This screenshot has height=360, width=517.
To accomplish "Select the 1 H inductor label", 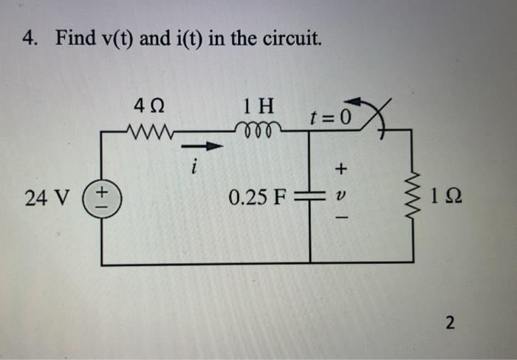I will (x=258, y=108).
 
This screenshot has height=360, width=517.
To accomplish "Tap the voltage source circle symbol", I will (x=100, y=199).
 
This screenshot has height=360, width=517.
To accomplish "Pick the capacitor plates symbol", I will (x=310, y=198).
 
